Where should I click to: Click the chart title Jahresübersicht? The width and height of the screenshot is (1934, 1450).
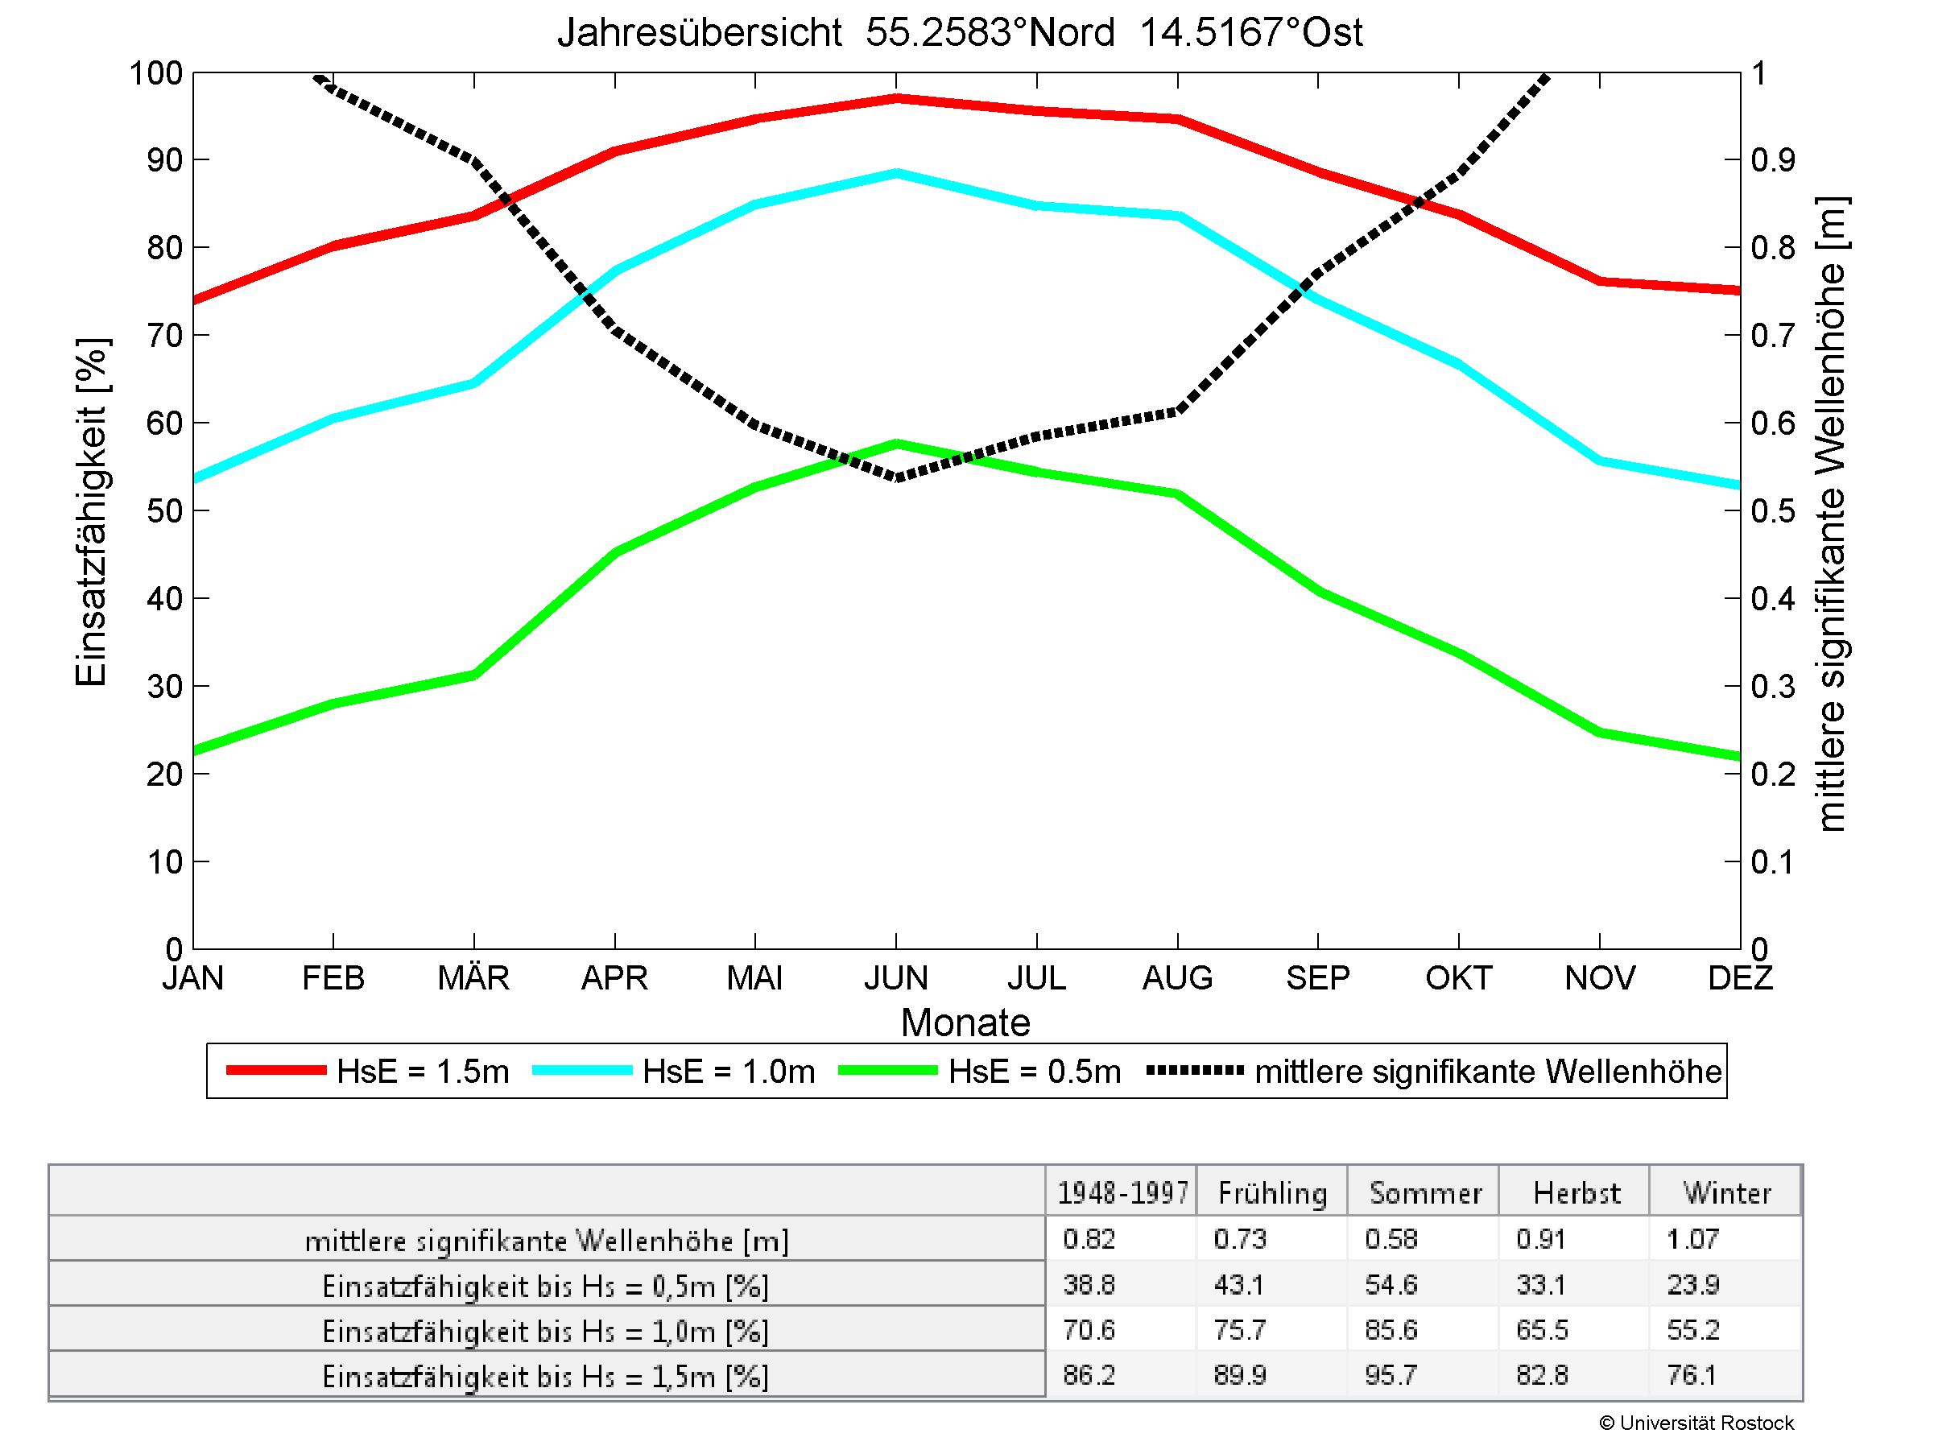[x=959, y=33]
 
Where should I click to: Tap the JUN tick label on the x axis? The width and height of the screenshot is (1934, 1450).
[x=895, y=977]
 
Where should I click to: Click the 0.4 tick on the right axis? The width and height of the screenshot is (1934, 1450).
[x=1773, y=599]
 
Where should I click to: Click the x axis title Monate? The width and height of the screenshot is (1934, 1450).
[x=965, y=1022]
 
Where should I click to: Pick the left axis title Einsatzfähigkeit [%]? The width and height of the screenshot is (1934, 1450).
[x=91, y=511]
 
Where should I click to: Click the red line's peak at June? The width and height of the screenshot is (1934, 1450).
[x=896, y=98]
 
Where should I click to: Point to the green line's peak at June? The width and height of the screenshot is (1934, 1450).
[x=896, y=443]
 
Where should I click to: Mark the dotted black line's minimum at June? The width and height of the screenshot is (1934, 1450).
[x=896, y=478]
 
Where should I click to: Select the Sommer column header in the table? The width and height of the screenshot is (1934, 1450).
[x=1425, y=1193]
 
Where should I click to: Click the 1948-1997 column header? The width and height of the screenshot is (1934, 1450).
[x=1122, y=1193]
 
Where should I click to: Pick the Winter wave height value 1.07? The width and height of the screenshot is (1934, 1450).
[x=1692, y=1238]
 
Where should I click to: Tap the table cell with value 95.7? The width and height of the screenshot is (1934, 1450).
[x=1391, y=1375]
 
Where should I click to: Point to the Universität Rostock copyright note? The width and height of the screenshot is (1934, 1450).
[x=1696, y=1423]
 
